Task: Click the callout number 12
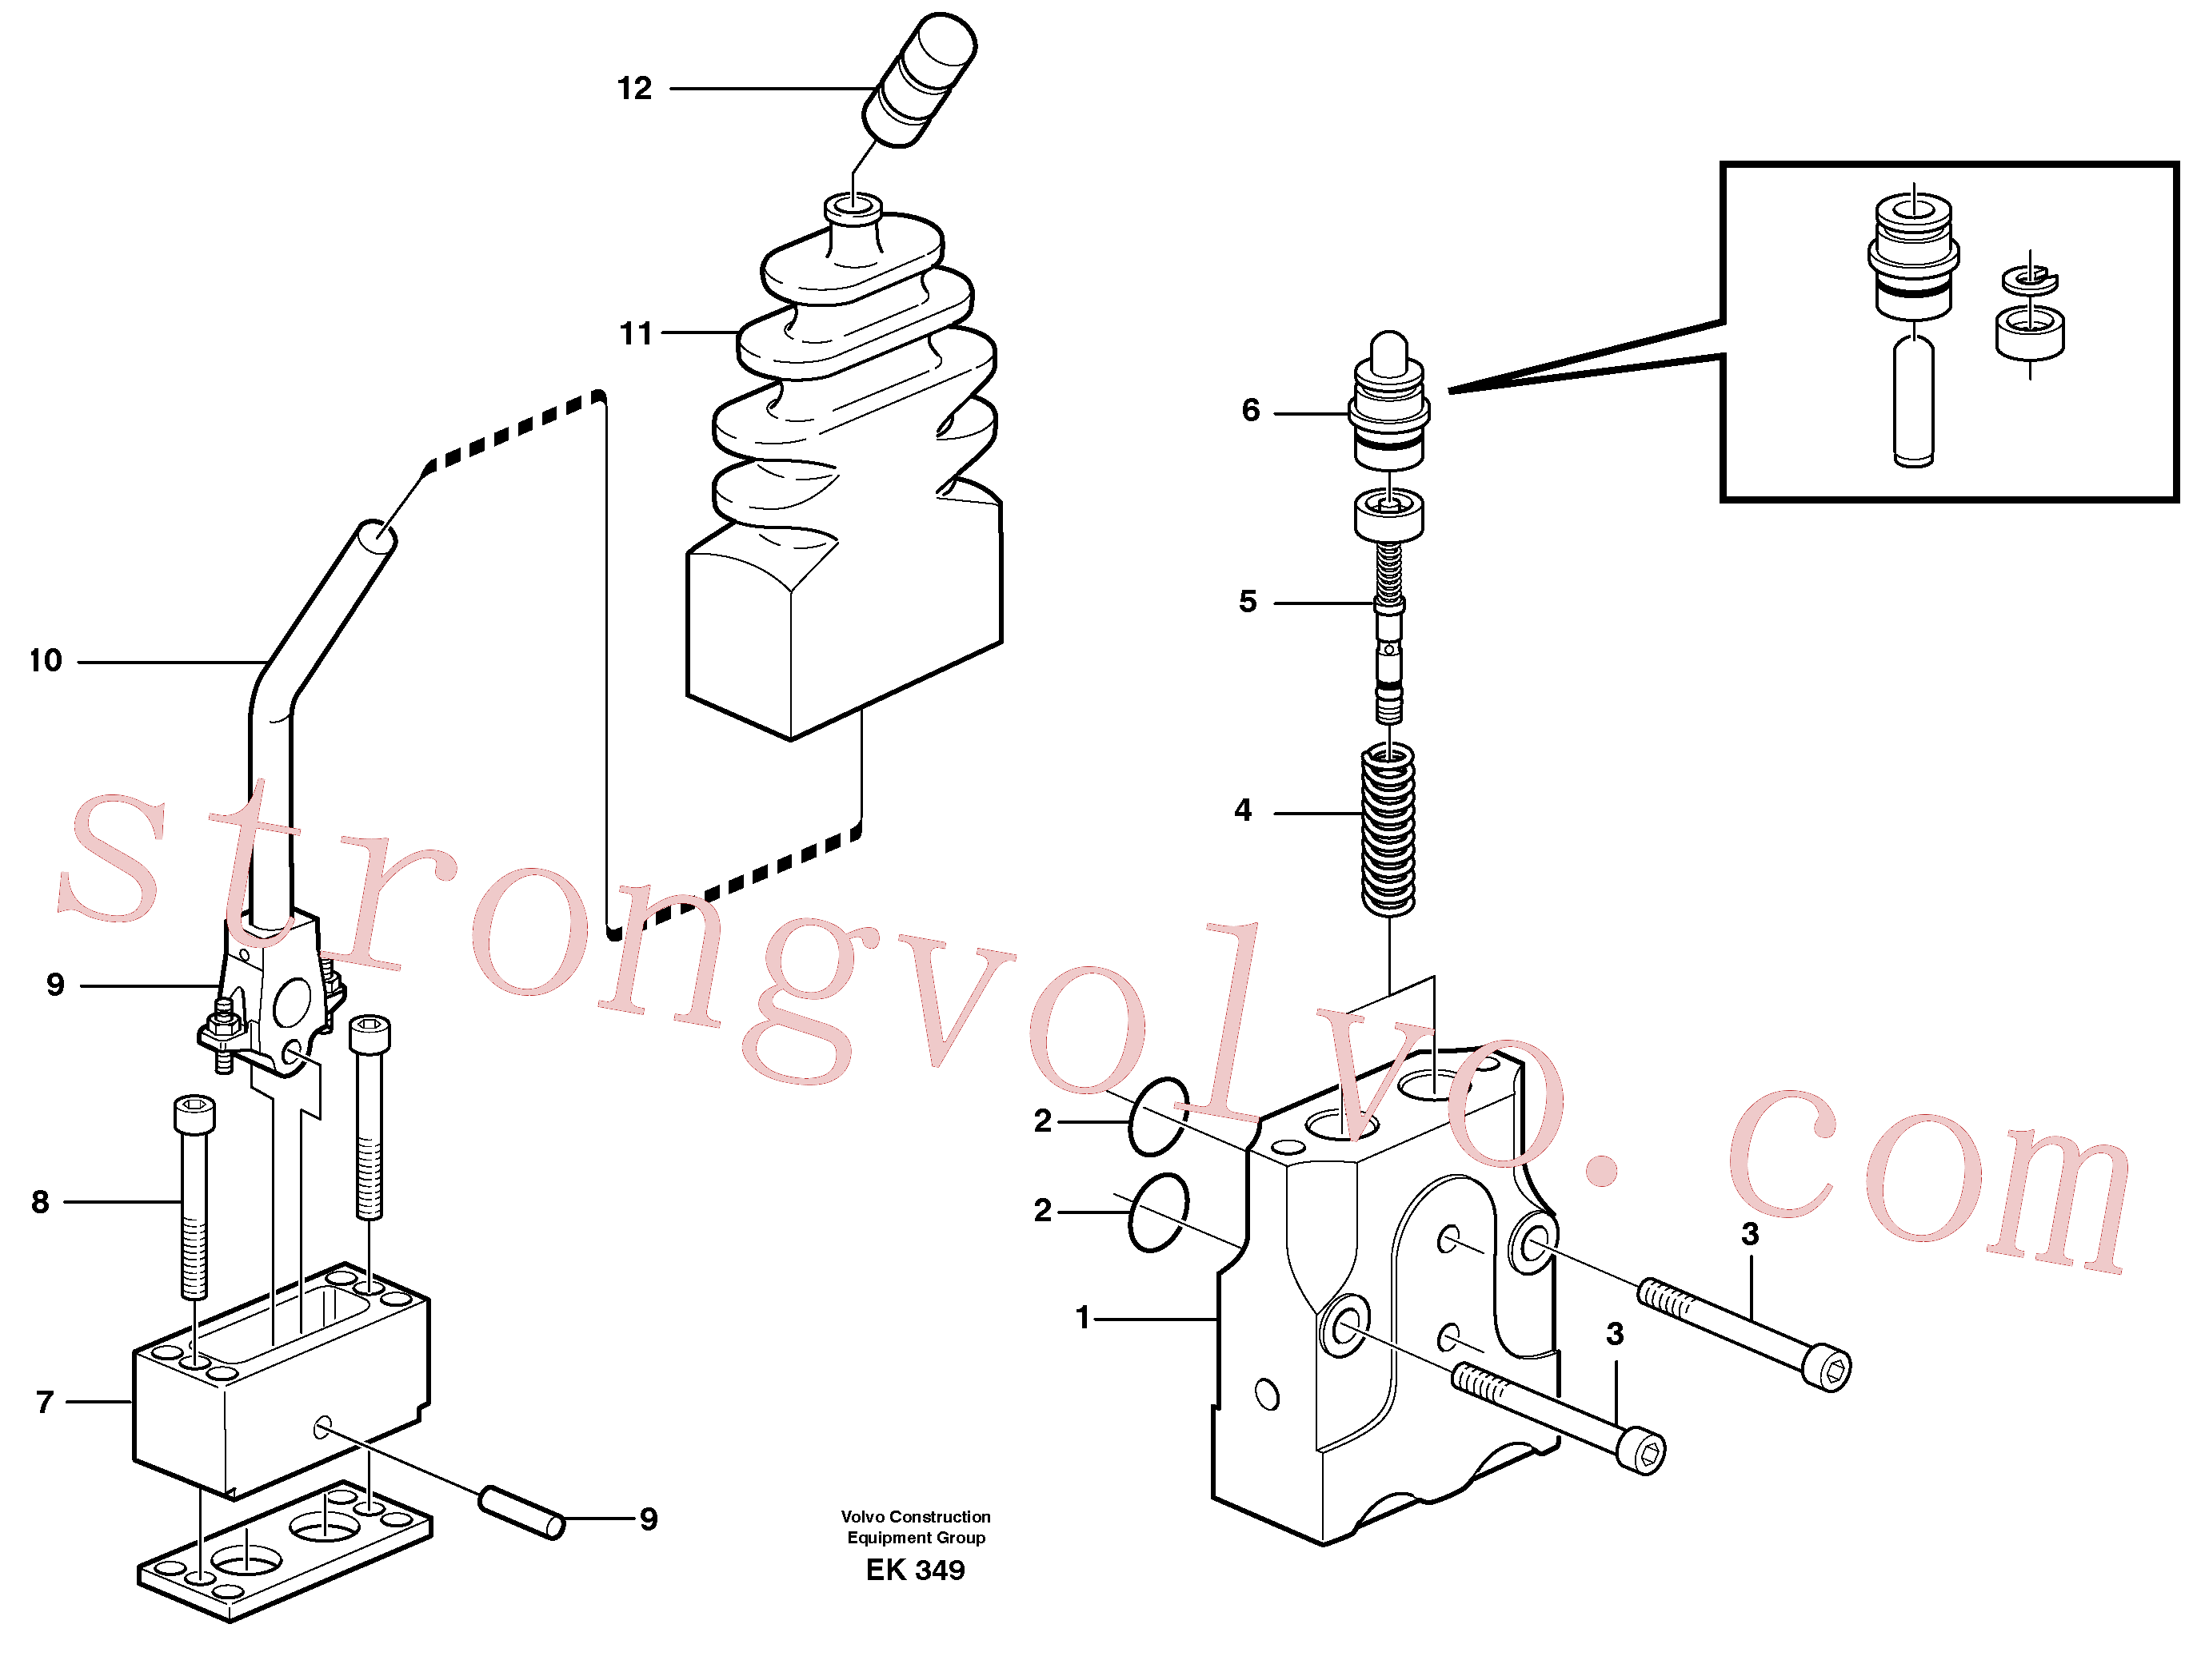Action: point(634,89)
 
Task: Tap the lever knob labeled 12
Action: point(919,80)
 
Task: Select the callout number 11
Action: point(635,333)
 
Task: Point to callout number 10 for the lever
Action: point(45,661)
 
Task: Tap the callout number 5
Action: point(1248,602)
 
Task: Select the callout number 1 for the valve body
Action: point(1083,1318)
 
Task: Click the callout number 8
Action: point(40,1202)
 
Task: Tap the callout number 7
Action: point(44,1403)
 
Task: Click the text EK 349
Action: point(915,1570)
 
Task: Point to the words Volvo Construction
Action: point(916,1516)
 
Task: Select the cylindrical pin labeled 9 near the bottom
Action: point(522,1513)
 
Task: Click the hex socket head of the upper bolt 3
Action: point(1831,1370)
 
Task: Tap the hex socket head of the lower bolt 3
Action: point(1643,1451)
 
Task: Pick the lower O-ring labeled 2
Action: point(1158,1212)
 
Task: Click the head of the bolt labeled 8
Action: point(194,1114)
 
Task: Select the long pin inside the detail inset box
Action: point(1913,401)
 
